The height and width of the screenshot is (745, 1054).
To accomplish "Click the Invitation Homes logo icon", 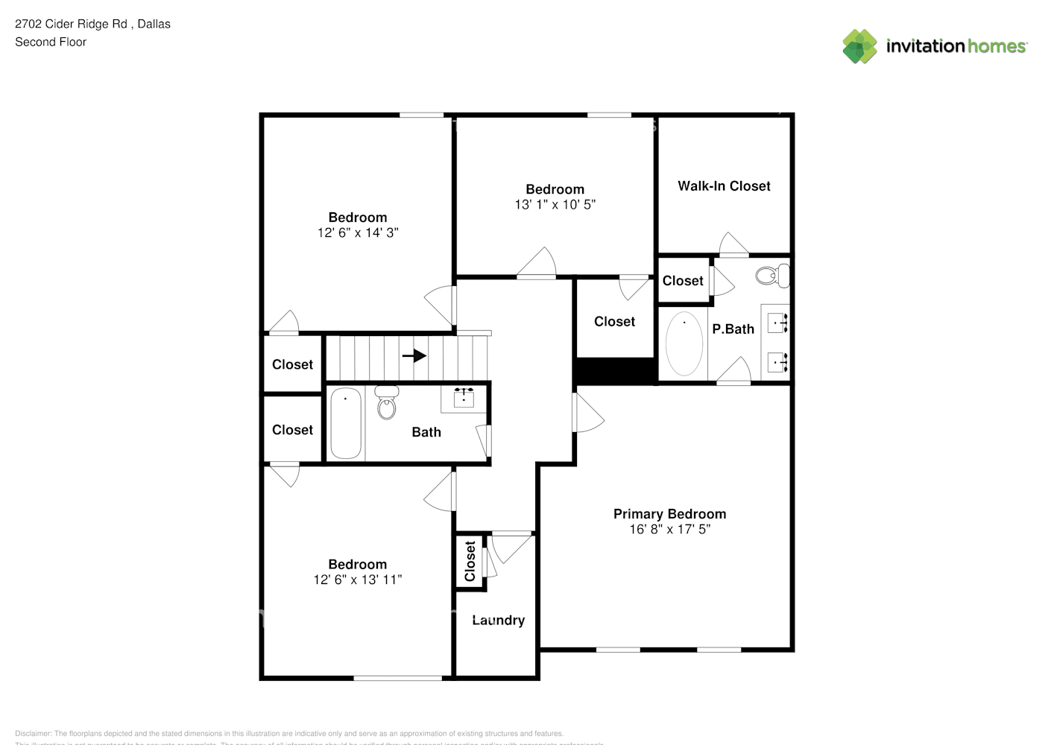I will click(x=859, y=46).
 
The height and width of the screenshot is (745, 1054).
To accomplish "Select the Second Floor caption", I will click(x=51, y=42).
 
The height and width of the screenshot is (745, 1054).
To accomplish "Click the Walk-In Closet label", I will click(x=724, y=186).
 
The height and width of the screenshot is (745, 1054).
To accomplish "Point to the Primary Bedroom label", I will click(x=669, y=514).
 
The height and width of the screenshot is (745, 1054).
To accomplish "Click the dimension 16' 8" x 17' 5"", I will click(x=669, y=529).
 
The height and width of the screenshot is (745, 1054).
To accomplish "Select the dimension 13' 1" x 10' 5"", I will click(x=555, y=204).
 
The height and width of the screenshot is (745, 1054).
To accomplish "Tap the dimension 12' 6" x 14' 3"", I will click(x=358, y=232).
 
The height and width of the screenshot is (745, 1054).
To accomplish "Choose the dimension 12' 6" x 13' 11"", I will click(x=358, y=580).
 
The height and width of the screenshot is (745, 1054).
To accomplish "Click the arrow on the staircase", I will click(x=414, y=356).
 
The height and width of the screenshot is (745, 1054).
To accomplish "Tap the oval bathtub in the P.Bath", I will click(x=684, y=343).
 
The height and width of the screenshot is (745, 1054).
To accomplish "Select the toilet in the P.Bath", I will click(x=769, y=276).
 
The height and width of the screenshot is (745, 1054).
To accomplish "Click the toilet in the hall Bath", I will click(x=386, y=404).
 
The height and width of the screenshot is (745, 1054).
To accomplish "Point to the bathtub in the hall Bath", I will click(x=345, y=422).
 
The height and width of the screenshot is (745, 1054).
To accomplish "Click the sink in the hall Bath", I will click(x=464, y=397).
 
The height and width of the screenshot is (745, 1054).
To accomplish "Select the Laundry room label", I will click(x=498, y=621).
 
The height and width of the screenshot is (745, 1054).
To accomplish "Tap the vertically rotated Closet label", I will click(x=470, y=561).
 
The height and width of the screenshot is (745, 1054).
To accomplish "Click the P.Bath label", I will click(x=733, y=329).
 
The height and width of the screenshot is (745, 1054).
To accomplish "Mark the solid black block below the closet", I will click(x=615, y=371).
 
